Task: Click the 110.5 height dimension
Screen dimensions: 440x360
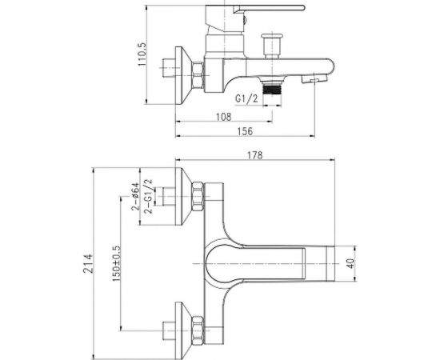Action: click(142, 54)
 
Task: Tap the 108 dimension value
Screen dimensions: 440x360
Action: click(224, 117)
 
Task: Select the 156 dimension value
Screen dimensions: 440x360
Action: click(245, 131)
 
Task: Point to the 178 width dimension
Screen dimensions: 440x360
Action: click(255, 155)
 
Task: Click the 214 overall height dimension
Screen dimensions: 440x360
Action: click(88, 263)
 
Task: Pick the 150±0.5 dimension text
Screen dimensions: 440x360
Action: click(116, 263)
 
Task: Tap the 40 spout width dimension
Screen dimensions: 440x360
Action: click(350, 263)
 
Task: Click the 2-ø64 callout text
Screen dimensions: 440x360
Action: click(135, 197)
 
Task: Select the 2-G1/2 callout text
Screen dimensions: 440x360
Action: click(148, 197)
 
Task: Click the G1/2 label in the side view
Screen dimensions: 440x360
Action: click(246, 98)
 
